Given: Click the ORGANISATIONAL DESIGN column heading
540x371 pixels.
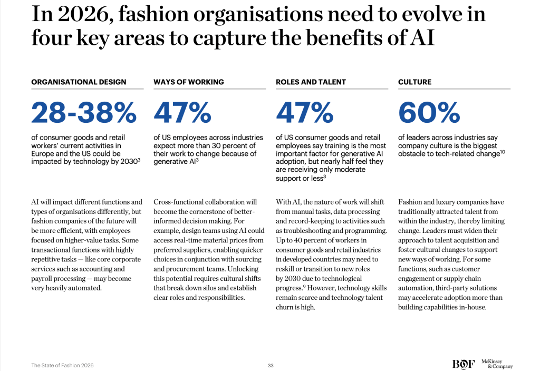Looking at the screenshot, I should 79,82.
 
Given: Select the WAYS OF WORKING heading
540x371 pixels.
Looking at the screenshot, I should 189,82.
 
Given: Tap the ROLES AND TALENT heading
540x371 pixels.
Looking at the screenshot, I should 311,82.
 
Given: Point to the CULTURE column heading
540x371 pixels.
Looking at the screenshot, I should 414,82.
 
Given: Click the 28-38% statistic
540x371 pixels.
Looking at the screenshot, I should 84,112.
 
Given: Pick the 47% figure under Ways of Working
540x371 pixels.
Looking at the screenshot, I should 182,112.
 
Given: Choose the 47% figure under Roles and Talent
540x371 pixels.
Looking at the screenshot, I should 305,112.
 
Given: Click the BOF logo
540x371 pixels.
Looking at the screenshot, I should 462,364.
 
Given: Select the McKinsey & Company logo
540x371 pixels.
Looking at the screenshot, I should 496,364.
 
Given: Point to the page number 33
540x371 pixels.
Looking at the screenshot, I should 271,365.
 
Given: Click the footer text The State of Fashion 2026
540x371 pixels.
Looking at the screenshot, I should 62,365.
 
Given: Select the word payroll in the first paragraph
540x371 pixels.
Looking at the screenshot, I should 43,278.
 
